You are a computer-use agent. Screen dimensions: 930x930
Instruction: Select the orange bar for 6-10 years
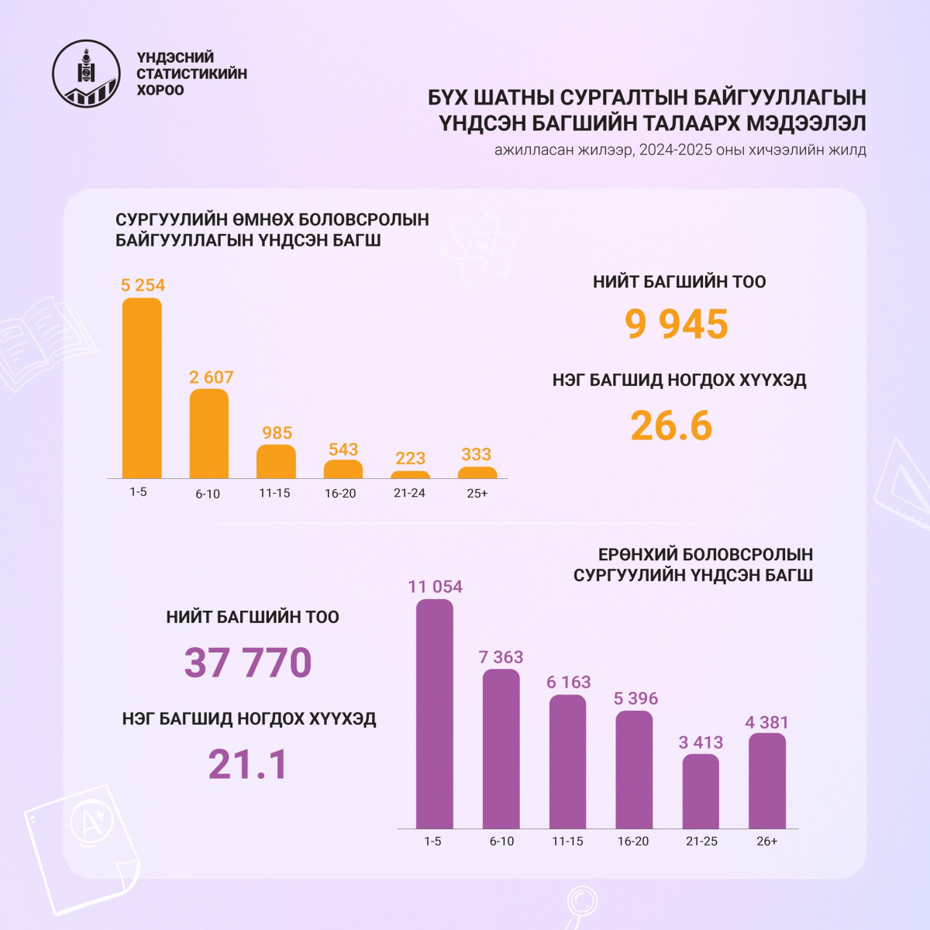[208, 434]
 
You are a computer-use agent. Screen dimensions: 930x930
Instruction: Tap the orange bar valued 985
[276, 462]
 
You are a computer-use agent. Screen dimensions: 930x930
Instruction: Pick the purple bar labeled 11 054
[435, 713]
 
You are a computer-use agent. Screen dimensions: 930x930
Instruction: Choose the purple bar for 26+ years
[767, 781]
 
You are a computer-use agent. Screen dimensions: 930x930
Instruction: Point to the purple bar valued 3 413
[701, 791]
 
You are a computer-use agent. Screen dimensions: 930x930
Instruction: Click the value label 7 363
[501, 657]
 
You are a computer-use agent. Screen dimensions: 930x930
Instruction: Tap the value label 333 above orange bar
[476, 454]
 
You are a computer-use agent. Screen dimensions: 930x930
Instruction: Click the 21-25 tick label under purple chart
[701, 842]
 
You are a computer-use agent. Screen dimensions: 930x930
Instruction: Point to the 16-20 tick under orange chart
[340, 493]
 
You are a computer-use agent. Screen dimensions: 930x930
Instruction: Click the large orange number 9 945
[677, 324]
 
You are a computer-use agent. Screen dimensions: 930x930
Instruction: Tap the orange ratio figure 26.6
[671, 425]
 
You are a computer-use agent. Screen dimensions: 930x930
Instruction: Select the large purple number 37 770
[248, 663]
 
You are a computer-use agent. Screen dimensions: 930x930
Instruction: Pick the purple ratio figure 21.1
[248, 764]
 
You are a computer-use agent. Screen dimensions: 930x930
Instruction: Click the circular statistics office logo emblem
[86, 74]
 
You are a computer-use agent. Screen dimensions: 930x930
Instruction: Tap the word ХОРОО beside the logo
[160, 90]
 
